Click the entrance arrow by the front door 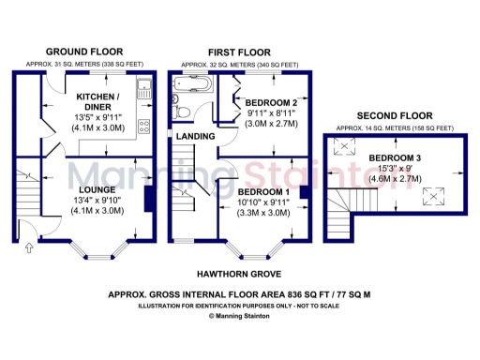pyautogui.click(x=27, y=247)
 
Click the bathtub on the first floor pyautogui.click(x=192, y=89)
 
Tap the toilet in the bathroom pyautogui.click(x=185, y=113)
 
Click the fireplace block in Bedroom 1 pyautogui.click(x=304, y=193)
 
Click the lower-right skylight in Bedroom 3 pyautogui.click(x=433, y=194)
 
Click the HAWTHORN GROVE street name pyautogui.click(x=232, y=274)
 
